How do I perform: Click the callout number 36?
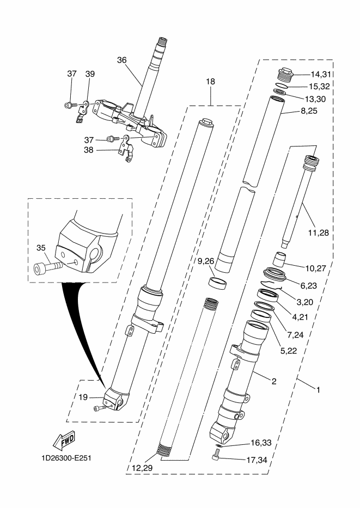tap(122, 60)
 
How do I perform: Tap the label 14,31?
tap(321, 75)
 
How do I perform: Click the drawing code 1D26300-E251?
tap(66, 458)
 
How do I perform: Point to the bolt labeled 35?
tap(48, 267)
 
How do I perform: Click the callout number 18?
tap(211, 81)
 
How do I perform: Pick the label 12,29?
tap(142, 468)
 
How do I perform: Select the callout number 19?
tap(83, 397)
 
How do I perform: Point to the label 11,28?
tap(319, 232)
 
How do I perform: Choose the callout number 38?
tap(89, 150)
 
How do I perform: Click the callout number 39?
tap(90, 74)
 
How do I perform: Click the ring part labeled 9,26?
tap(217, 282)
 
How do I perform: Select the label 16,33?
tap(261, 443)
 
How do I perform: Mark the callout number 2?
tap(274, 381)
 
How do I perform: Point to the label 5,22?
tap(289, 351)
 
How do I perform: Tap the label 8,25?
tap(309, 111)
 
